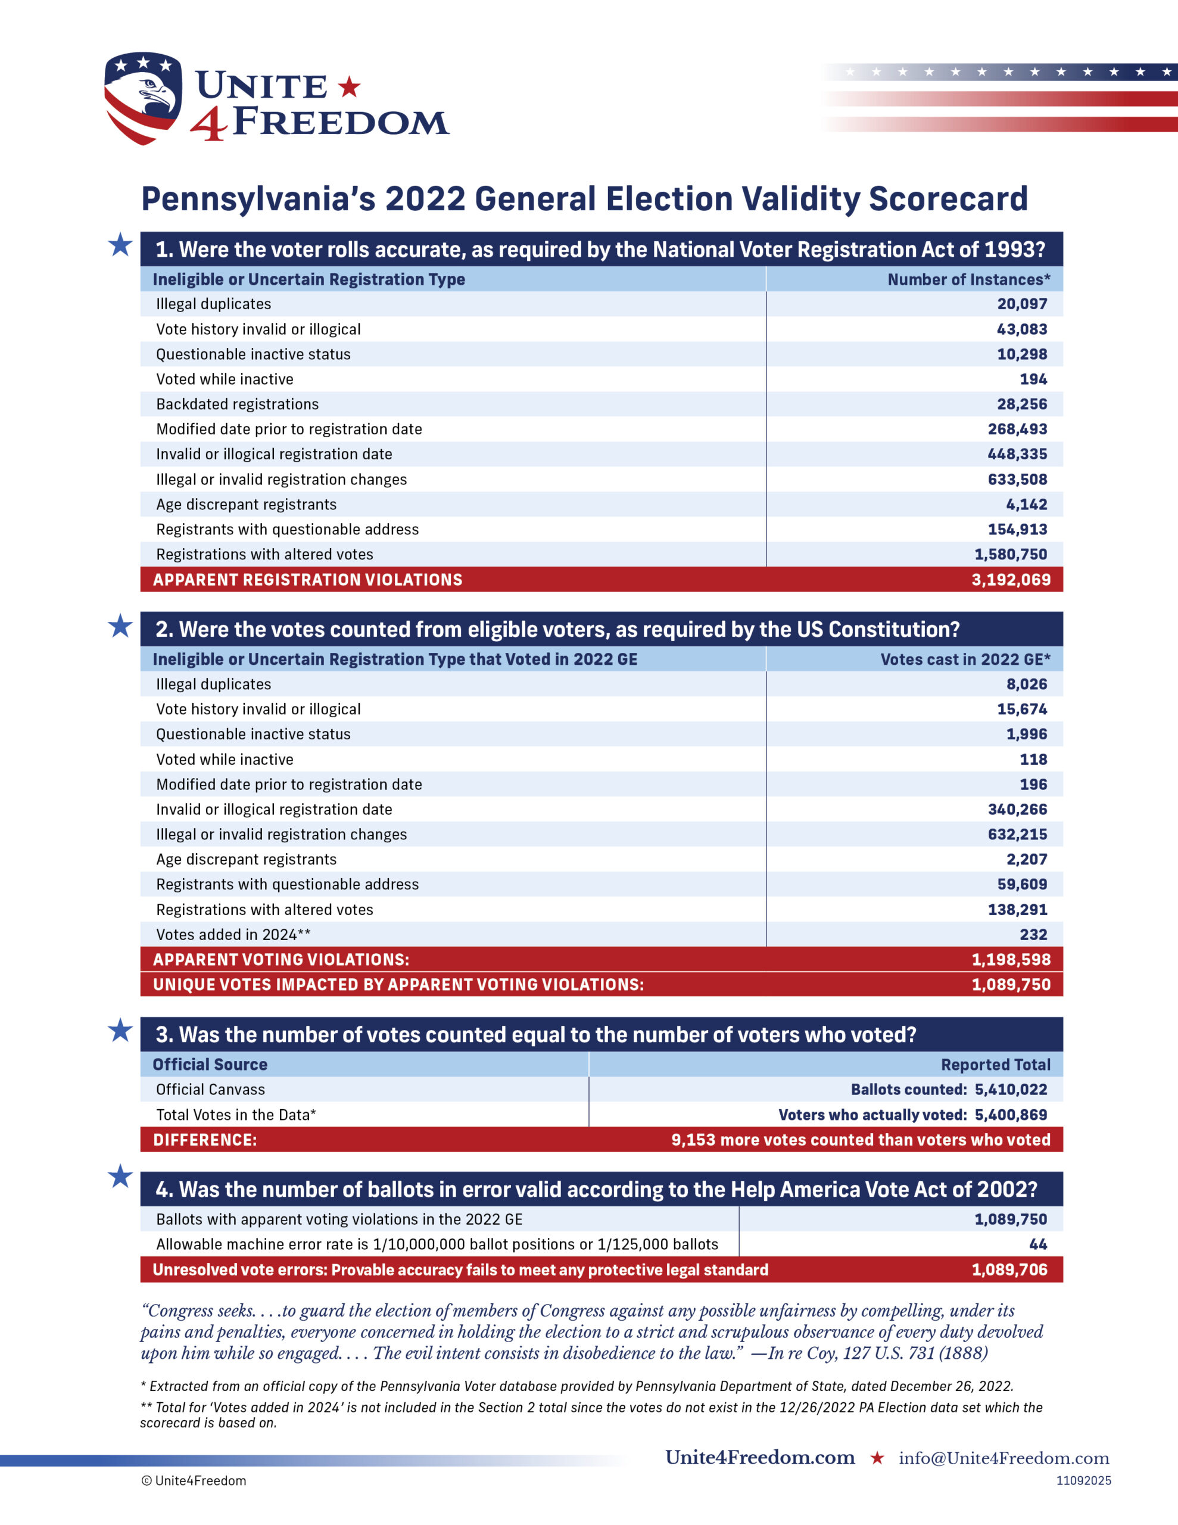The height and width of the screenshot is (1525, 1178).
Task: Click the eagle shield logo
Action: click(143, 97)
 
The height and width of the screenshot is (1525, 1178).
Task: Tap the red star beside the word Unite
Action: click(349, 88)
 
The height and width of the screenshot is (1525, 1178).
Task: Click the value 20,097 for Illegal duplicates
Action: click(1021, 304)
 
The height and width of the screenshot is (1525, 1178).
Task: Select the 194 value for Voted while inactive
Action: click(1033, 379)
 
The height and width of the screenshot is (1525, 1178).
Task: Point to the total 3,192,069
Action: click(1011, 580)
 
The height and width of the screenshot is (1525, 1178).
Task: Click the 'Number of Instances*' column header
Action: click(968, 279)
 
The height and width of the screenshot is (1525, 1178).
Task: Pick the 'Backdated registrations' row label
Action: click(238, 404)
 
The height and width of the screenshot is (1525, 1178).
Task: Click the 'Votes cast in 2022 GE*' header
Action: click(965, 659)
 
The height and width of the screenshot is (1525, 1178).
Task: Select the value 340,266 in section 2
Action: click(1017, 810)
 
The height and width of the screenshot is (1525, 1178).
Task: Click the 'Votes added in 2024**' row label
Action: click(233, 934)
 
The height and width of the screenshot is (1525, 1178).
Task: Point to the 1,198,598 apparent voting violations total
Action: click(1011, 960)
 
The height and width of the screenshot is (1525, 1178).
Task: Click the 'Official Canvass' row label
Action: click(210, 1090)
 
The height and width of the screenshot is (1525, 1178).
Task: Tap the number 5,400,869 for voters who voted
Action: click(1011, 1115)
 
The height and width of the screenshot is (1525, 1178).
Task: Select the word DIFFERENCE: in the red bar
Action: click(205, 1140)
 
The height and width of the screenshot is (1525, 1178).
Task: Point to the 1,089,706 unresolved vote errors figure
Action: click(1009, 1269)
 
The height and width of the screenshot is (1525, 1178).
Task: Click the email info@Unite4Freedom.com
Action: click(1004, 1458)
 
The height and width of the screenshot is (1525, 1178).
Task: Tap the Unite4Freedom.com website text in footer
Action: click(760, 1457)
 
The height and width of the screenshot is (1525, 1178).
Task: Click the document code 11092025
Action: click(1083, 1480)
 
